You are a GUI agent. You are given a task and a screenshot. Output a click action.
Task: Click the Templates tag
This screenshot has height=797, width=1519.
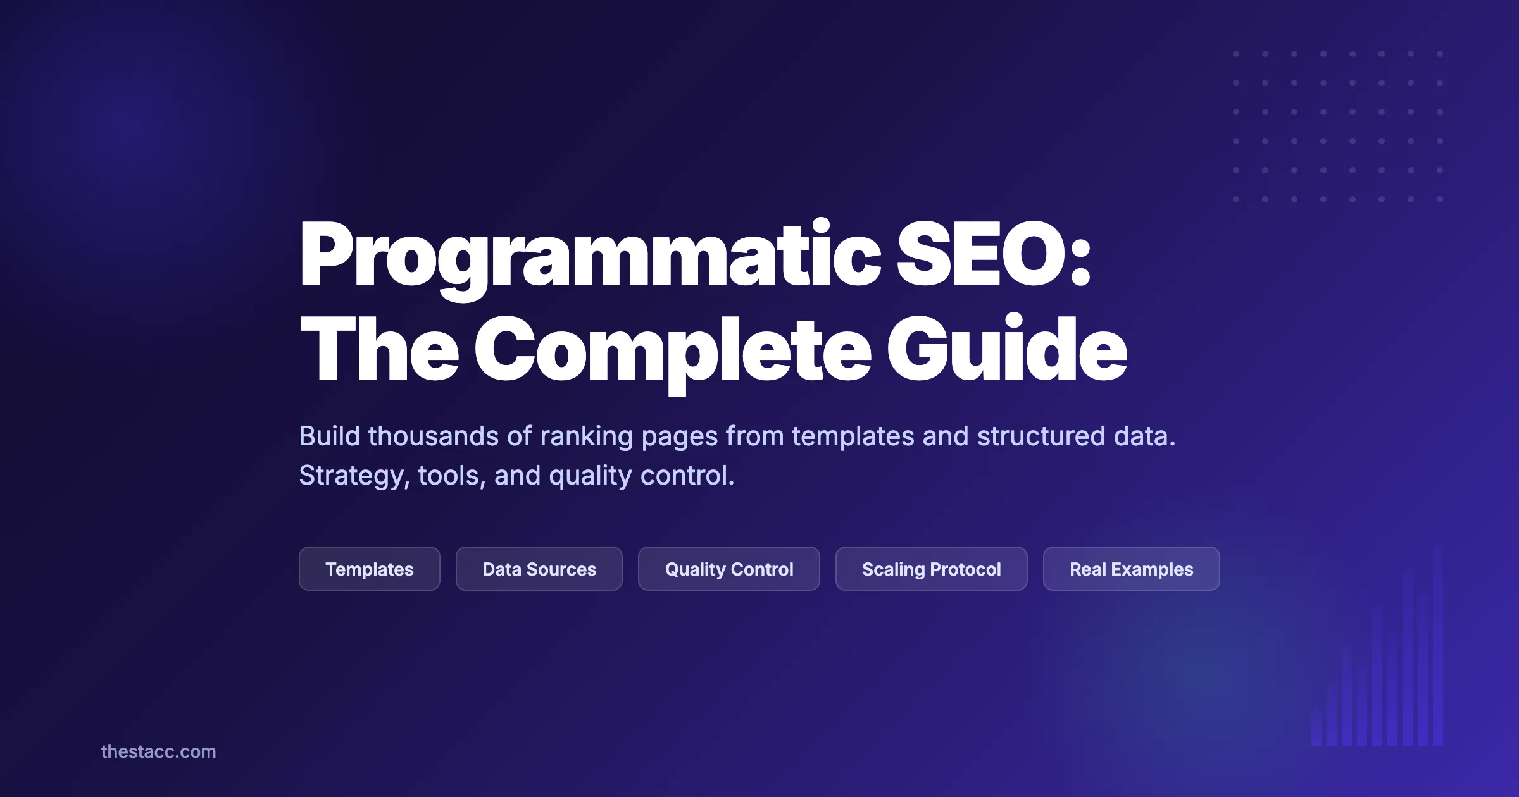point(369,569)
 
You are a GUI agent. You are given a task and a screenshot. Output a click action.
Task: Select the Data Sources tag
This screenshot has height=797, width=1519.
point(539,569)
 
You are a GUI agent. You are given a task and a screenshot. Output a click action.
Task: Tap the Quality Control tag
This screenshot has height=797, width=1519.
point(728,569)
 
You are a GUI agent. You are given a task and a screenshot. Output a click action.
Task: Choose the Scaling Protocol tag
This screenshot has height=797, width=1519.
point(931,569)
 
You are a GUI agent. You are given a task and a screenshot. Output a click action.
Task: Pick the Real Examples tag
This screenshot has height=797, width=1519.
point(1131,569)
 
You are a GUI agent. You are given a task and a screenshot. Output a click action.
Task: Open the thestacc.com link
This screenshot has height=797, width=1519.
point(158,751)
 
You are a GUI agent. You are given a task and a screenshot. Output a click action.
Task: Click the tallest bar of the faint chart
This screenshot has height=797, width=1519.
point(1437,645)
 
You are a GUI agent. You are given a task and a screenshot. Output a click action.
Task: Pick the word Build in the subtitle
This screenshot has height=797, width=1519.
point(329,436)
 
